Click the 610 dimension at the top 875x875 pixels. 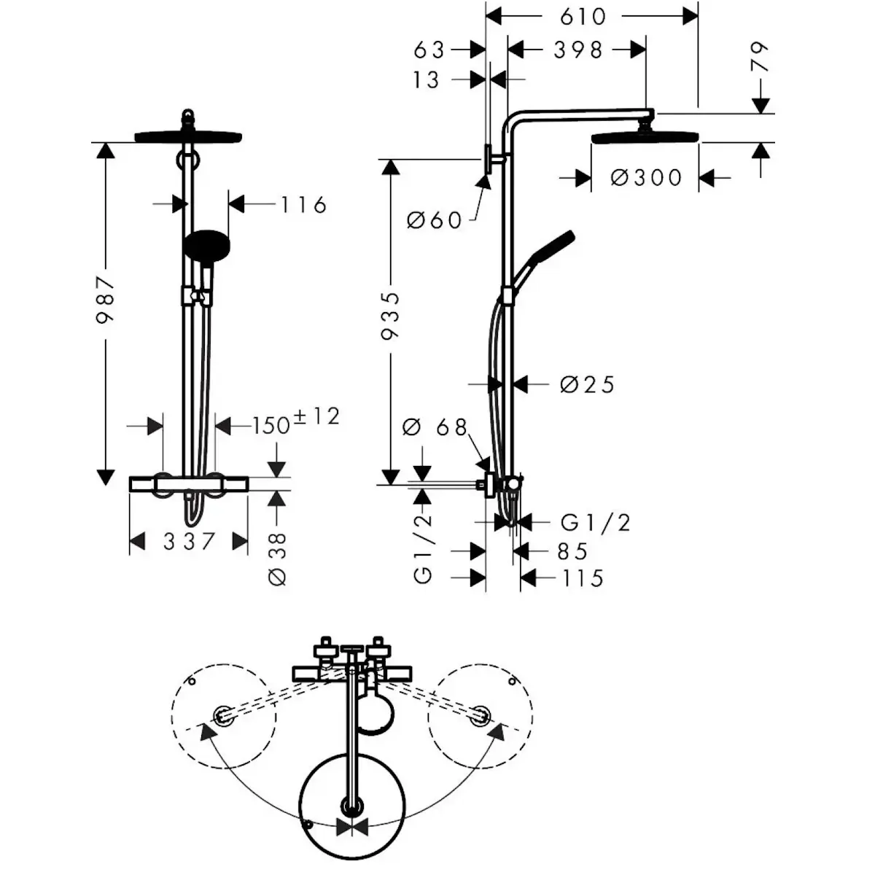583,17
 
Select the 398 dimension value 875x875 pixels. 577,50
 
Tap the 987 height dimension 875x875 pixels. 105,300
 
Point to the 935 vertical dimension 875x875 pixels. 390,316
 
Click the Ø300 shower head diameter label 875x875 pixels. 646,177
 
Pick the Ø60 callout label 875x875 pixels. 435,221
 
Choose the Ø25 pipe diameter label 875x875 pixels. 587,384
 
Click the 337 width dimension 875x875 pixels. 188,541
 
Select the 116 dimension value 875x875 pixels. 303,205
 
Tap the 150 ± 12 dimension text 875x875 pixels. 296,421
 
